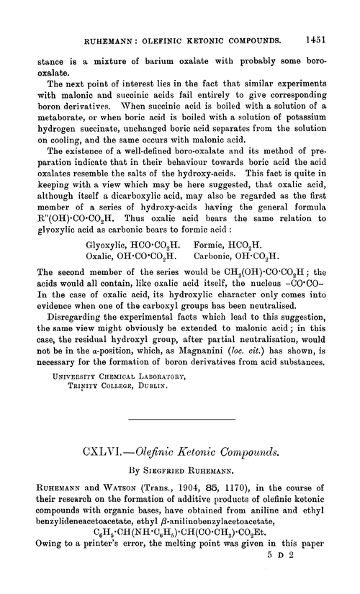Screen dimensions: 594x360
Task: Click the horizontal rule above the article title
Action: (179, 418)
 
